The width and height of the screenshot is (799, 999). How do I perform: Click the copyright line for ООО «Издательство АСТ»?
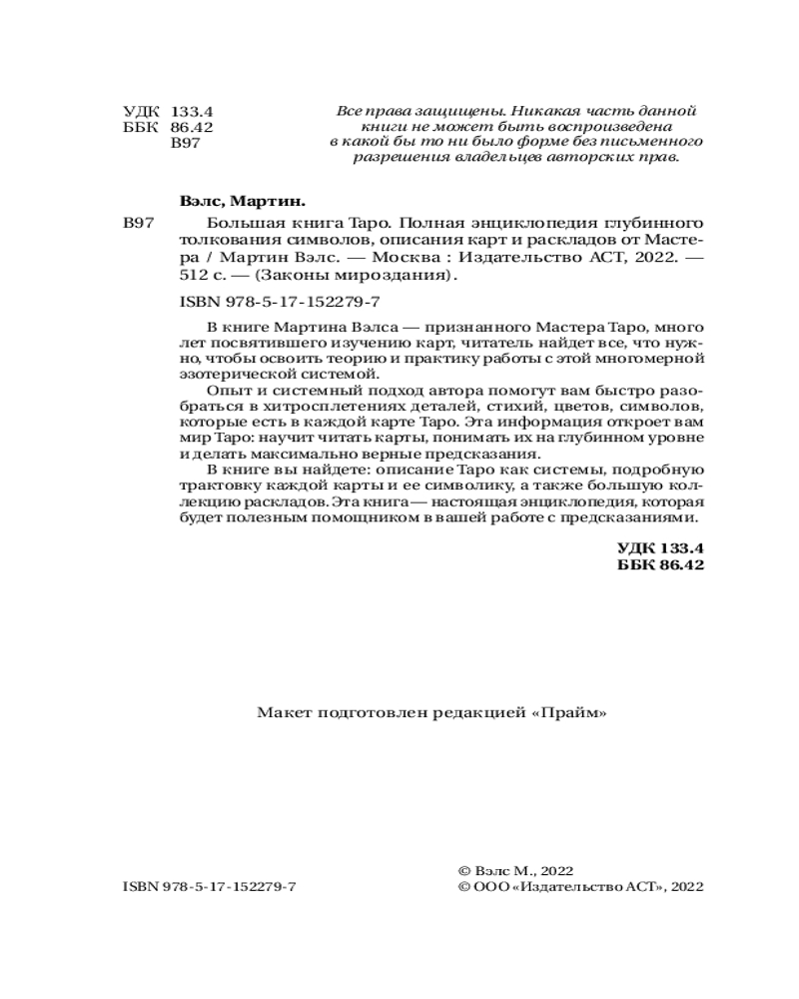(579, 886)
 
